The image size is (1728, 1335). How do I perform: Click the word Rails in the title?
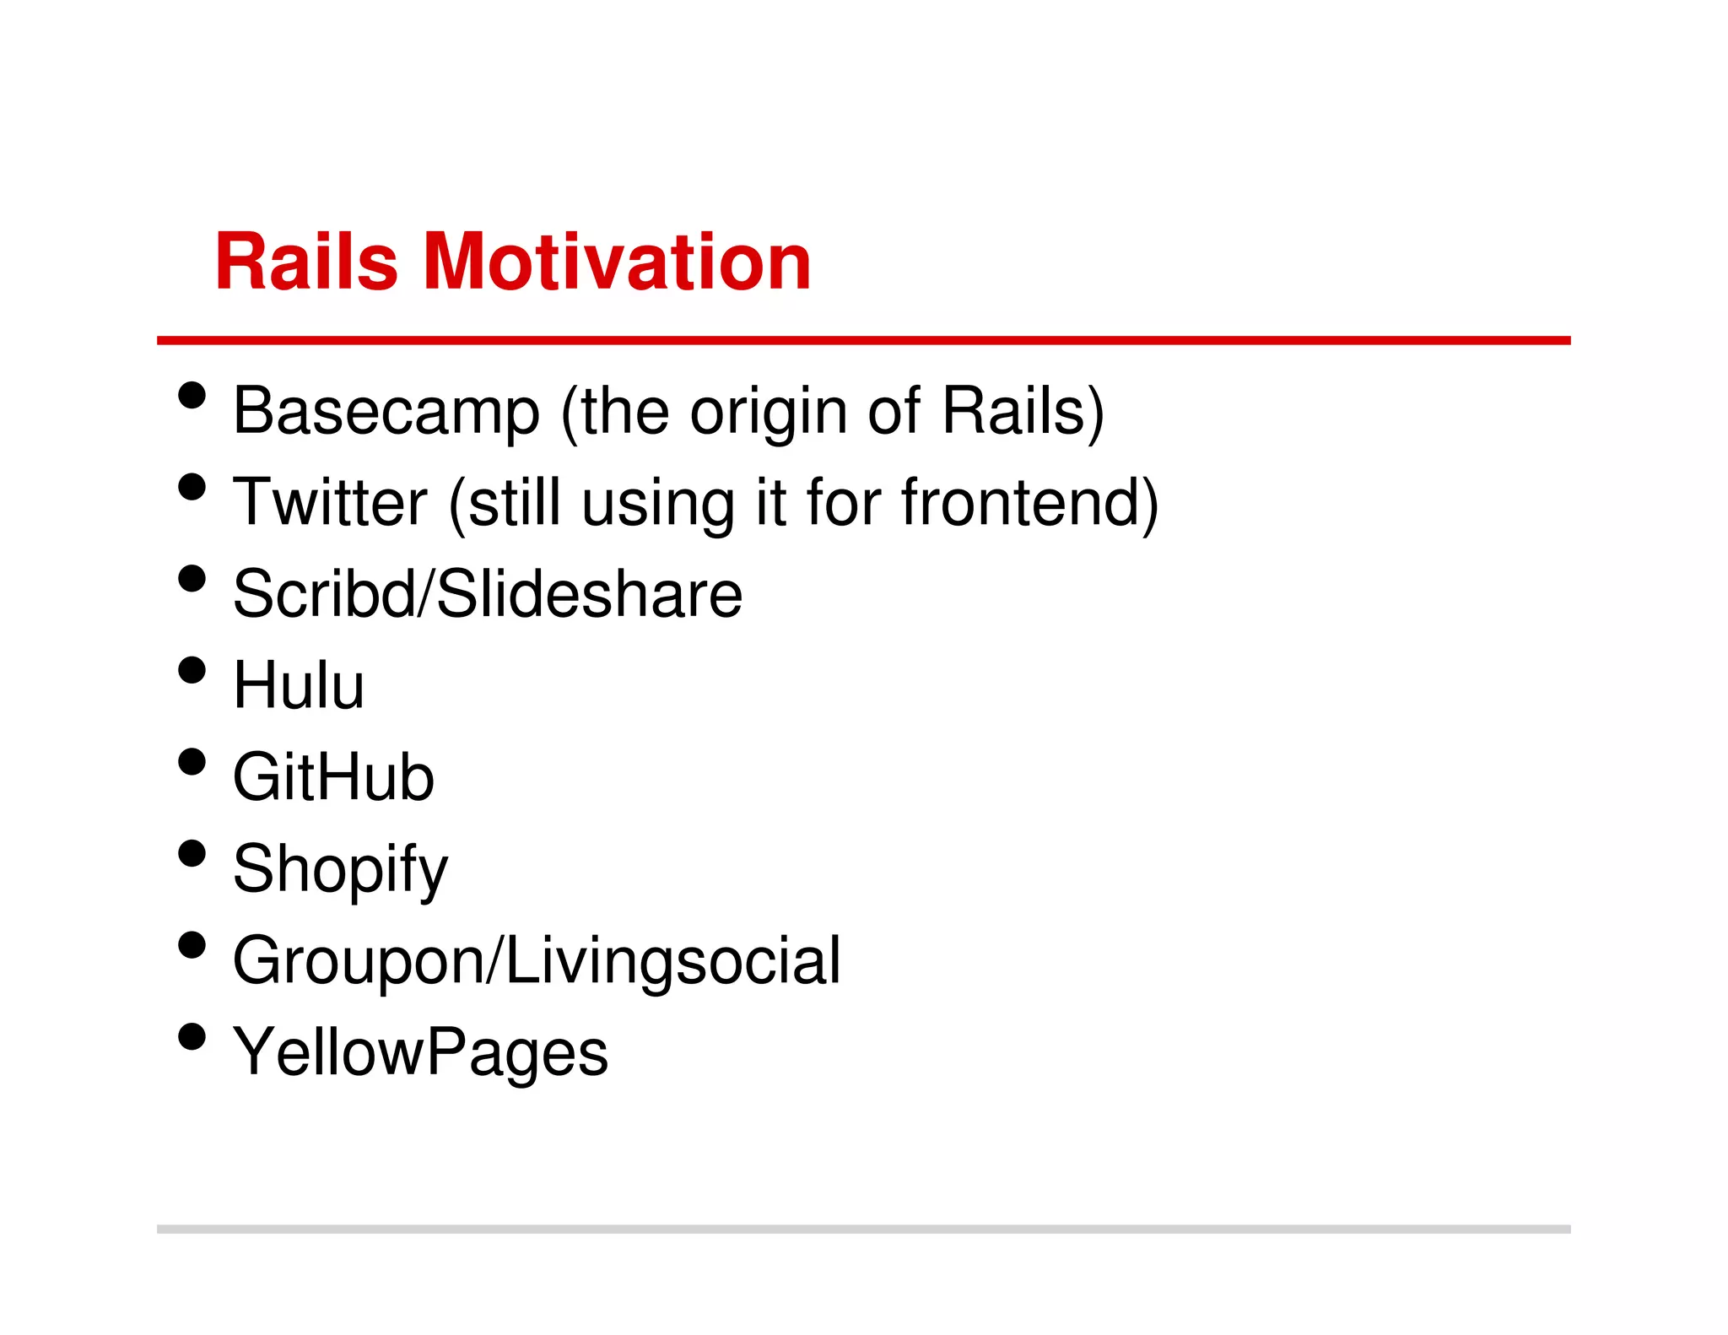click(x=305, y=262)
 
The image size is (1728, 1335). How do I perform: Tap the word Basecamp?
click(x=386, y=412)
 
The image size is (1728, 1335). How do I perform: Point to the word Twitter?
click(x=330, y=503)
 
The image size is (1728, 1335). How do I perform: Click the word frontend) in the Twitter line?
click(x=1029, y=503)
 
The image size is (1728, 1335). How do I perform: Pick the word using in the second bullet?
click(x=658, y=505)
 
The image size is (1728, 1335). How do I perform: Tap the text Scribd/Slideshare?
click(x=487, y=594)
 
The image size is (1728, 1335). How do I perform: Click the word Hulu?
click(x=299, y=686)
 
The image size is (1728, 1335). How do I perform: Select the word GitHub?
click(x=333, y=777)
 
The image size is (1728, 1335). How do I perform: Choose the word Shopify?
click(x=340, y=870)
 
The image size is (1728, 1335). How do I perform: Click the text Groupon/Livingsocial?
click(x=537, y=962)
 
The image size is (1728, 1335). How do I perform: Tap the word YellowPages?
click(x=420, y=1053)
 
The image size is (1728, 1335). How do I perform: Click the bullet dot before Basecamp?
click(x=192, y=395)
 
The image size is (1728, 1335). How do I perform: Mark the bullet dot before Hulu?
click(x=192, y=670)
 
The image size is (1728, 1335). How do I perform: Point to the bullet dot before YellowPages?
click(x=192, y=1036)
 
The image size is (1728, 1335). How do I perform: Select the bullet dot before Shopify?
click(x=192, y=853)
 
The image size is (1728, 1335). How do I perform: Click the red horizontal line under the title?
click(x=863, y=340)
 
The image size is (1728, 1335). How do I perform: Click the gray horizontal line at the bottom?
click(x=863, y=1229)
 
